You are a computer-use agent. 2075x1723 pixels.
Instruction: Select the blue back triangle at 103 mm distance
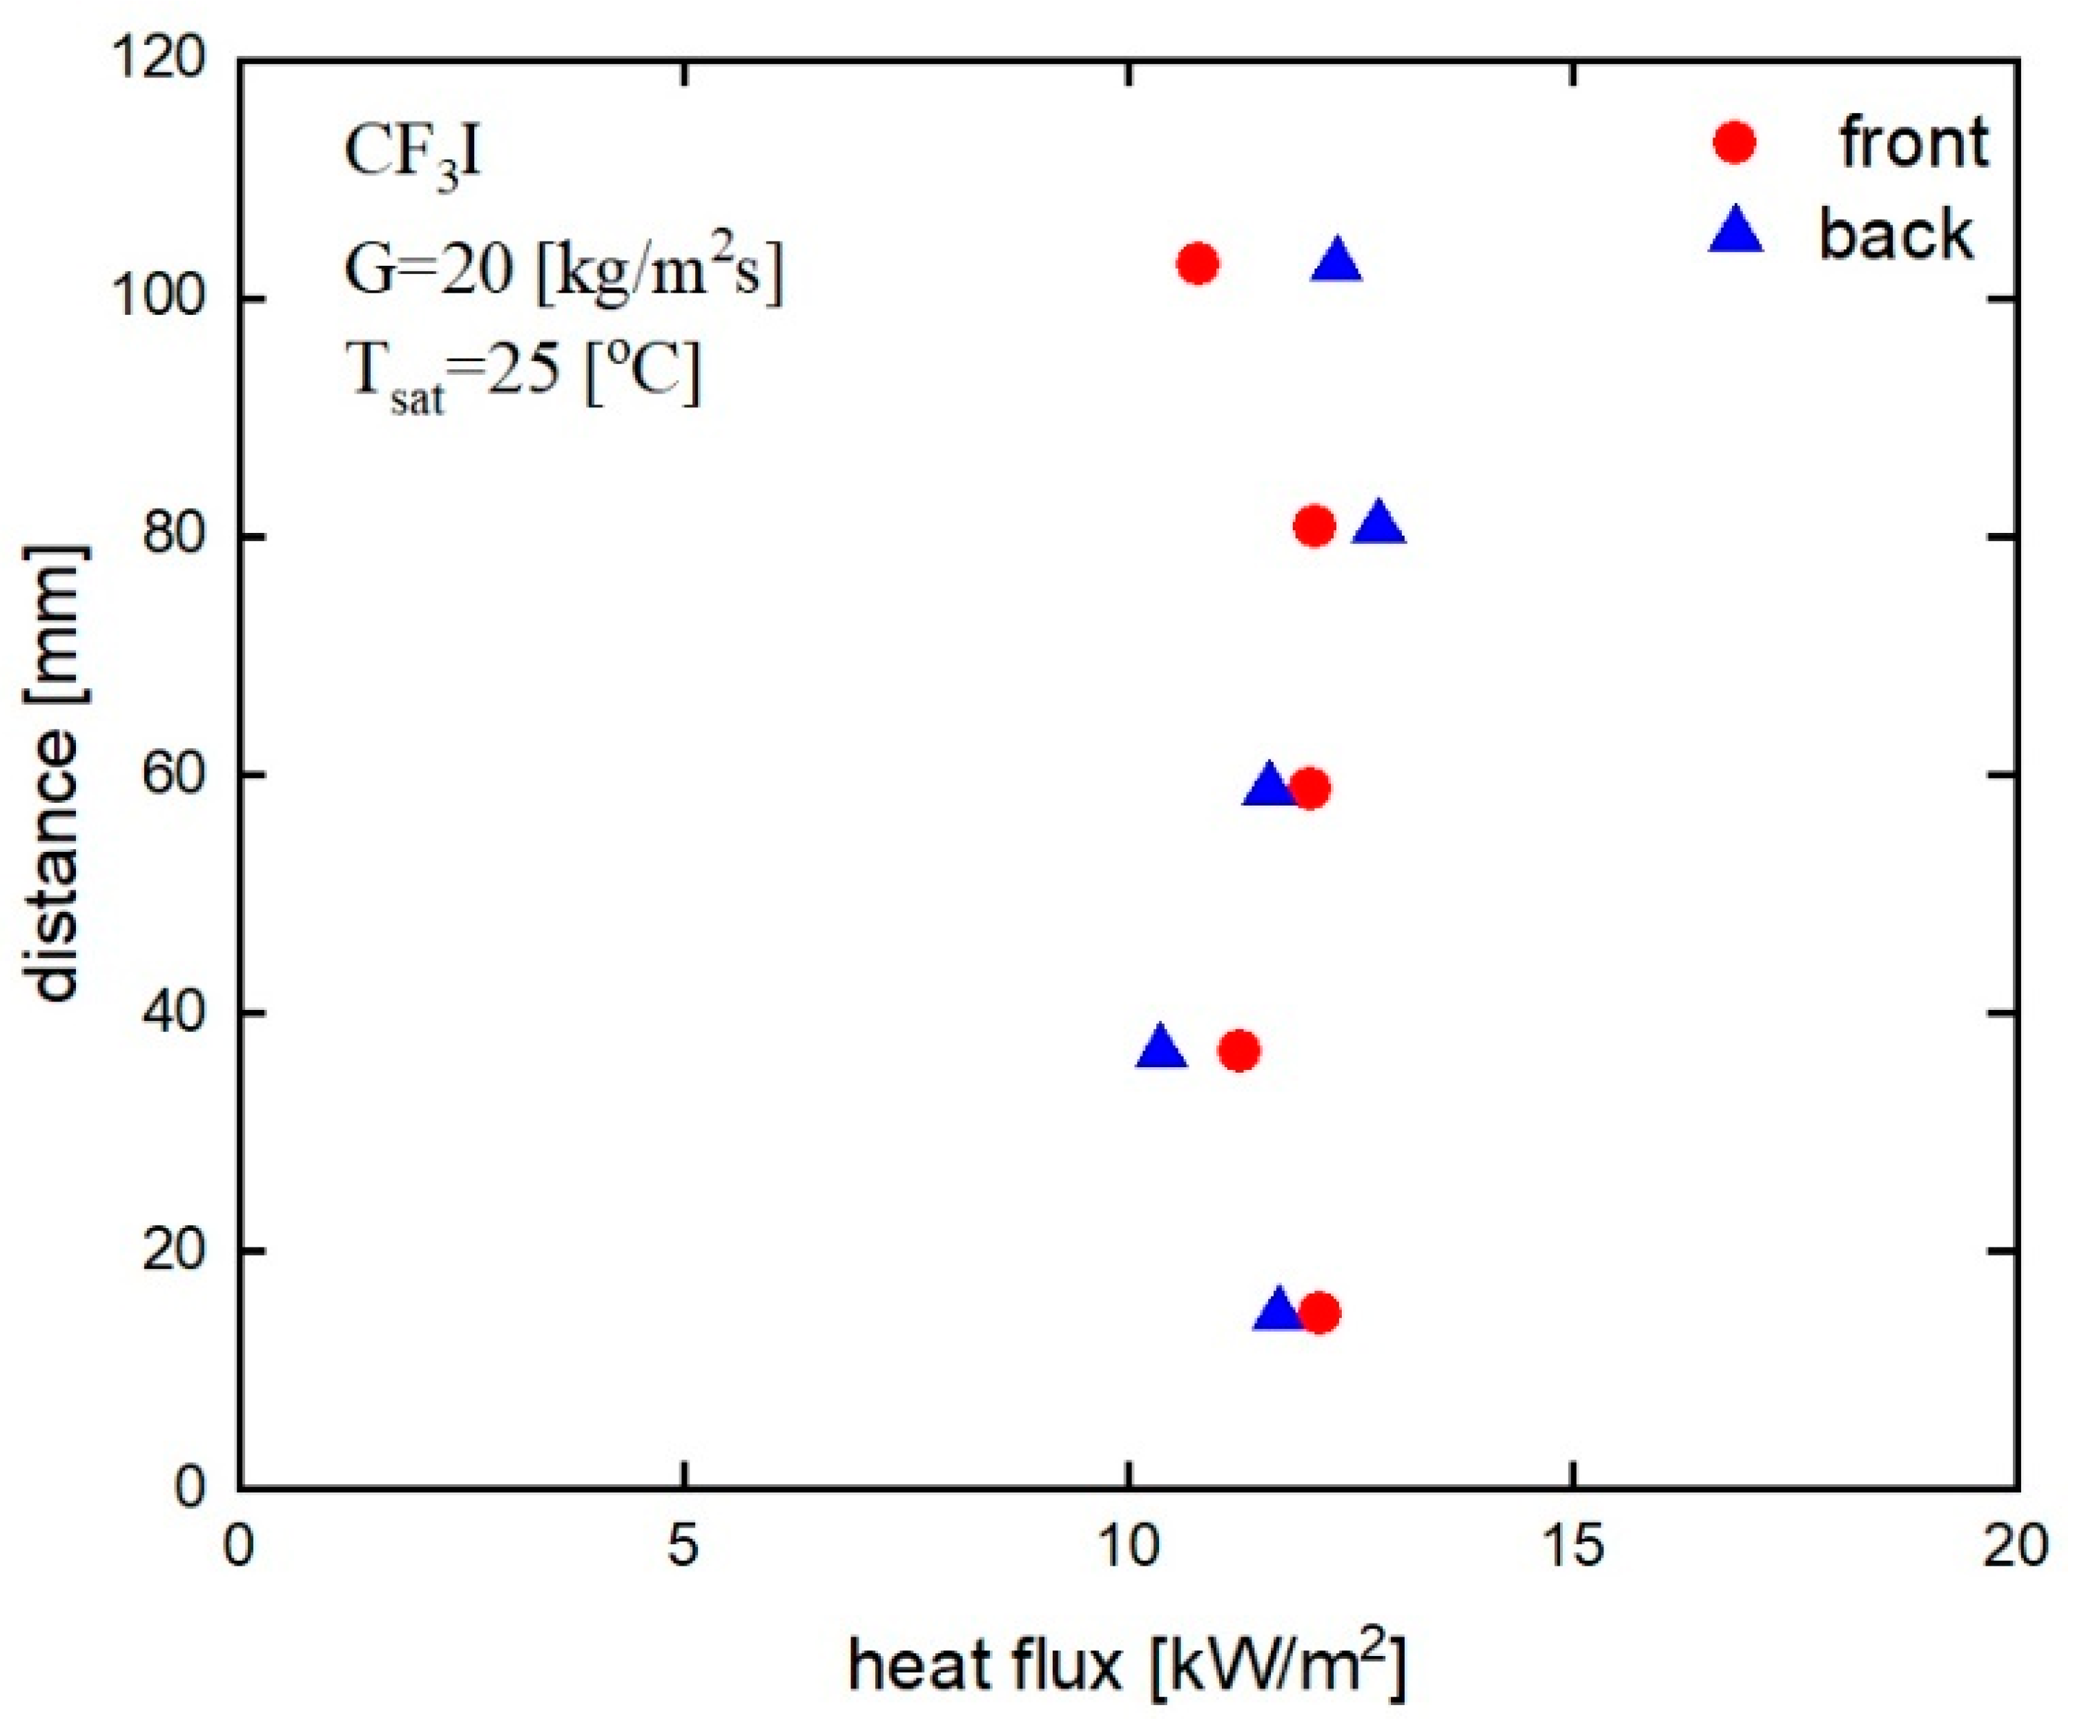pos(1337,262)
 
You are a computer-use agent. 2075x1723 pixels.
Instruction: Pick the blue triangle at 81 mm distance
pos(1379,525)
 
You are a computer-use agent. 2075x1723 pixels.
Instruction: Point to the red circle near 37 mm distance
pos(1239,1050)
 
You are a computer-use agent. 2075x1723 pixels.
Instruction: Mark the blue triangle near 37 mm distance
pos(1161,1048)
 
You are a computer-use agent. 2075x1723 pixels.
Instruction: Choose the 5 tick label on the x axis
pos(683,1547)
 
